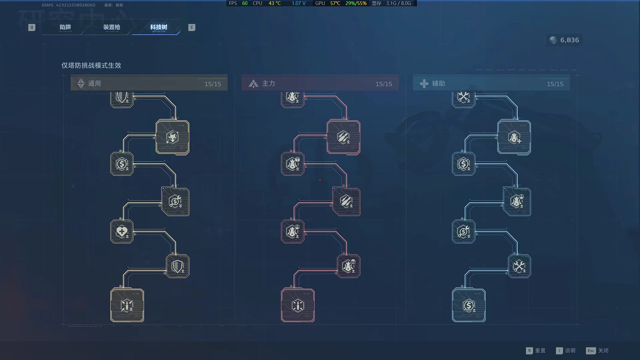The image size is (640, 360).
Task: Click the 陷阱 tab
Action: pyautogui.click(x=65, y=27)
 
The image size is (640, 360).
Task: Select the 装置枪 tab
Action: pyautogui.click(x=111, y=27)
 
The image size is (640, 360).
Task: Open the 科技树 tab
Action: pyautogui.click(x=159, y=27)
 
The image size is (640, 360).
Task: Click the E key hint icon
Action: pyautogui.click(x=192, y=27)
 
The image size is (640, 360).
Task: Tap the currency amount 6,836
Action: pyautogui.click(x=569, y=40)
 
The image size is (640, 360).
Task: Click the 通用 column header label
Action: pyautogui.click(x=94, y=84)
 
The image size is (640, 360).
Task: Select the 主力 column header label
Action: pyautogui.click(x=268, y=84)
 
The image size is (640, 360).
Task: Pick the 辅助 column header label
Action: pyautogui.click(x=438, y=84)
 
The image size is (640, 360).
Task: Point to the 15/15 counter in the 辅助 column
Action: pyautogui.click(x=555, y=84)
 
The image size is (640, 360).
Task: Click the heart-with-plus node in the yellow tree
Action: pyautogui.click(x=122, y=231)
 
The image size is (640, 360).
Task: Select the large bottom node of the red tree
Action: pyautogui.click(x=298, y=305)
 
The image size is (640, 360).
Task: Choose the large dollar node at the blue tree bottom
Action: pyautogui.click(x=469, y=305)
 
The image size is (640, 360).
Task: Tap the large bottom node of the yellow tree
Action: pyautogui.click(x=127, y=305)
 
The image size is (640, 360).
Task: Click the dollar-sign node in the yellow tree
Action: pyautogui.click(x=122, y=164)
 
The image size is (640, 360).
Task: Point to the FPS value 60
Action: pyautogui.click(x=245, y=3)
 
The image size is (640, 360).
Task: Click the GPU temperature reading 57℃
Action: pyautogui.click(x=335, y=3)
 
